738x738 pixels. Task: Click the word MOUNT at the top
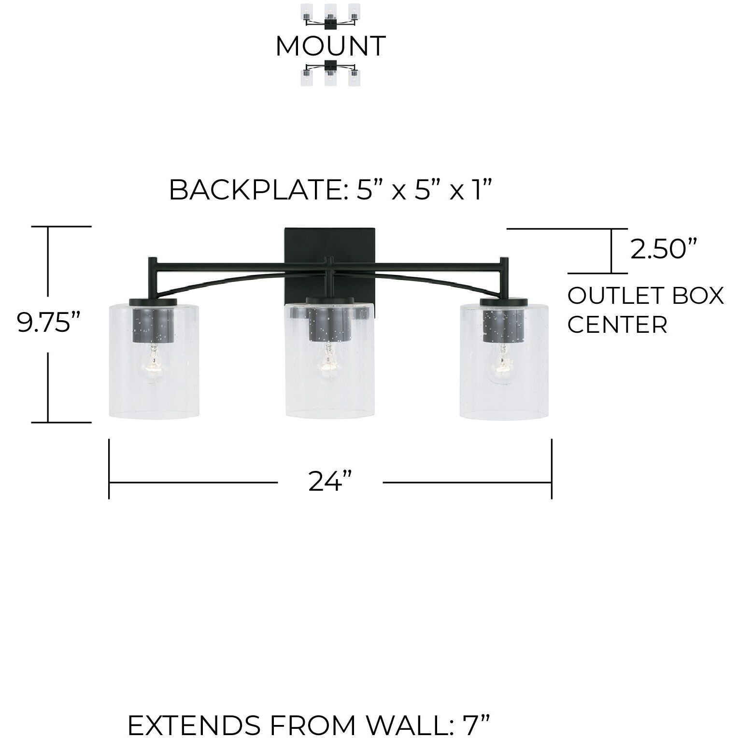pyautogui.click(x=330, y=46)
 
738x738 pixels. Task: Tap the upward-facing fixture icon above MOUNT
pyautogui.click(x=330, y=15)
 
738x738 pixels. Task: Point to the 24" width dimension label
pyautogui.click(x=330, y=481)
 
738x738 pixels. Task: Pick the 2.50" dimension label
pyautogui.click(x=664, y=250)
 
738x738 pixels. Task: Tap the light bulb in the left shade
pyautogui.click(x=153, y=364)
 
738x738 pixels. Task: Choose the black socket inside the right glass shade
pyautogui.click(x=503, y=321)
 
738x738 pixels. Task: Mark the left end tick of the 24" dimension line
pyautogui.click(x=109, y=468)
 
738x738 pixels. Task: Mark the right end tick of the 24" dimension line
pyautogui.click(x=552, y=468)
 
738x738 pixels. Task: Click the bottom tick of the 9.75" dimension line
pyautogui.click(x=62, y=422)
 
